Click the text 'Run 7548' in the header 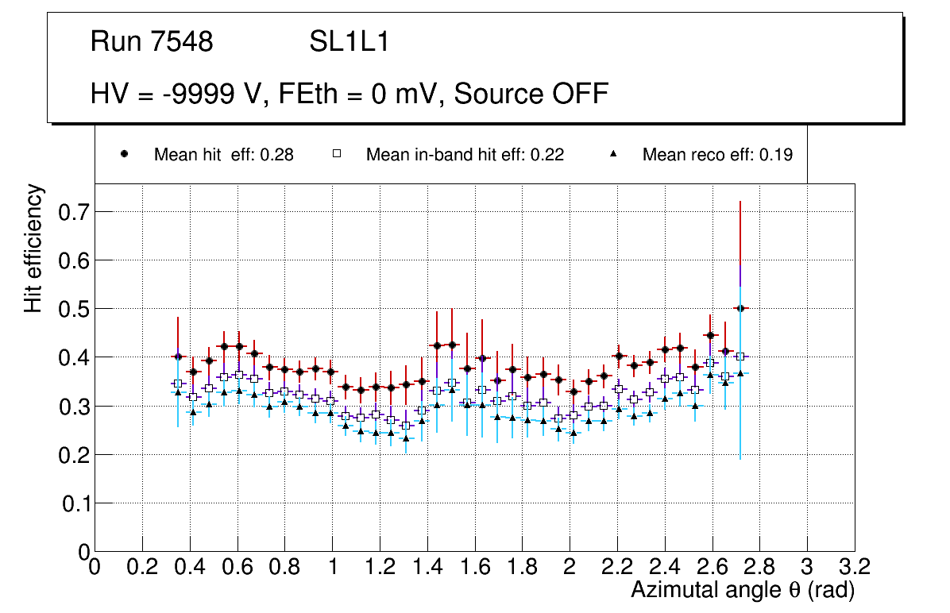pos(152,42)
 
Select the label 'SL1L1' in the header pos(349,42)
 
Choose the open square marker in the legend pos(337,155)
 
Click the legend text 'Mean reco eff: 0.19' pos(717,155)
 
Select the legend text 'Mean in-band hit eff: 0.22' pos(465,155)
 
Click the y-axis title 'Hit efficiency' pos(34,248)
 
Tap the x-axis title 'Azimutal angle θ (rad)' pos(743,590)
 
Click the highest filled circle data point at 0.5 pos(740,308)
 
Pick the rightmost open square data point pos(740,357)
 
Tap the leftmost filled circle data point pos(178,357)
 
